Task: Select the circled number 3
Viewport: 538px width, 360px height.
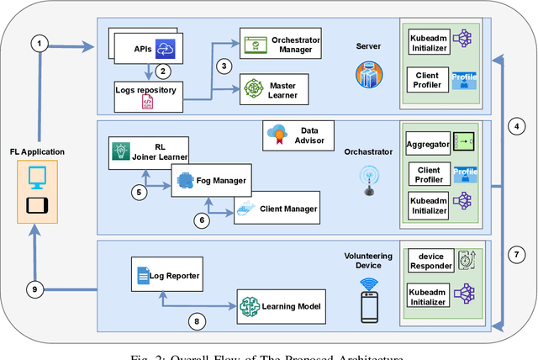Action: point(223,66)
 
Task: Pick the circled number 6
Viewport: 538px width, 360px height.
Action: point(202,220)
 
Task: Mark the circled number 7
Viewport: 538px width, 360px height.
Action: point(518,255)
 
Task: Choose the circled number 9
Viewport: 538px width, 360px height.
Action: point(35,289)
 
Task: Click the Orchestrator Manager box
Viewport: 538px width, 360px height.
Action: point(278,44)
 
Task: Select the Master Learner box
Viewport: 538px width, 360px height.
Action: point(278,87)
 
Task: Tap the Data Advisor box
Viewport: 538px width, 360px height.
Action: point(298,135)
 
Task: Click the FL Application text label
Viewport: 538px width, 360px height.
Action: point(37,152)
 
